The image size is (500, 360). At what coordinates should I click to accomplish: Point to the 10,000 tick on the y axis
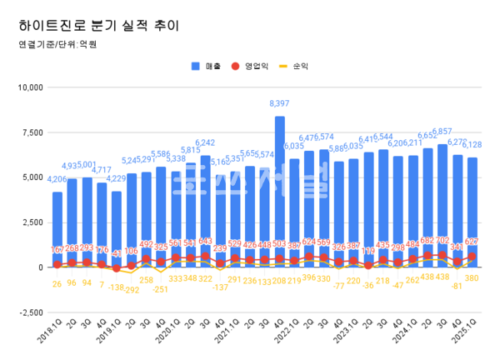point(29,87)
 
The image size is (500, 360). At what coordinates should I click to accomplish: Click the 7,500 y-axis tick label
point(32,132)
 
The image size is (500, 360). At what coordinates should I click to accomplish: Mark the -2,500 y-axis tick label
point(30,312)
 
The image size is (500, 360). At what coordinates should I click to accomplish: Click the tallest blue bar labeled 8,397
point(280,192)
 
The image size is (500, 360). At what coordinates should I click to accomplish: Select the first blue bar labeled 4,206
point(57,229)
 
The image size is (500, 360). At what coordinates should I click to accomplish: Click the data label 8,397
point(280,103)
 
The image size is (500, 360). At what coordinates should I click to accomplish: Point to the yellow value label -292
point(132,290)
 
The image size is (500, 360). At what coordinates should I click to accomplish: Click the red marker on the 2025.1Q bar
point(472,257)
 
